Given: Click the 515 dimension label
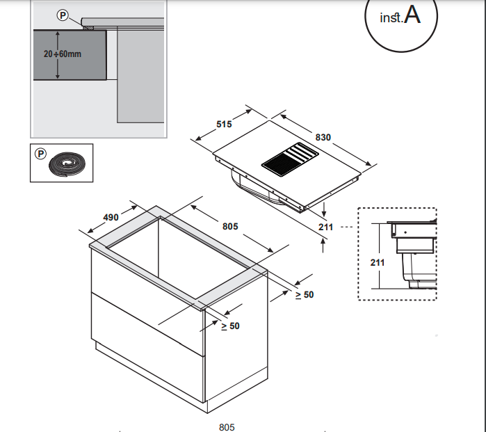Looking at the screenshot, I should coord(224,124).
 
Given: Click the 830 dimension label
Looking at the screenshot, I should coord(323,137).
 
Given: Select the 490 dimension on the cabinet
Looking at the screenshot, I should coord(111,217).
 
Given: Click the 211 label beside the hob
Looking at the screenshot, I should coord(326,227).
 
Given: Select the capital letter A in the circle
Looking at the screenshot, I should coord(412,16).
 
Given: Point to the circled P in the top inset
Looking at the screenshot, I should coord(63,14).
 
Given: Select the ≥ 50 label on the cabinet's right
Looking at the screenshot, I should coord(305,295).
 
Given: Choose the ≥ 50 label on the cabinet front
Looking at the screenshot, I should coord(230,326).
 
